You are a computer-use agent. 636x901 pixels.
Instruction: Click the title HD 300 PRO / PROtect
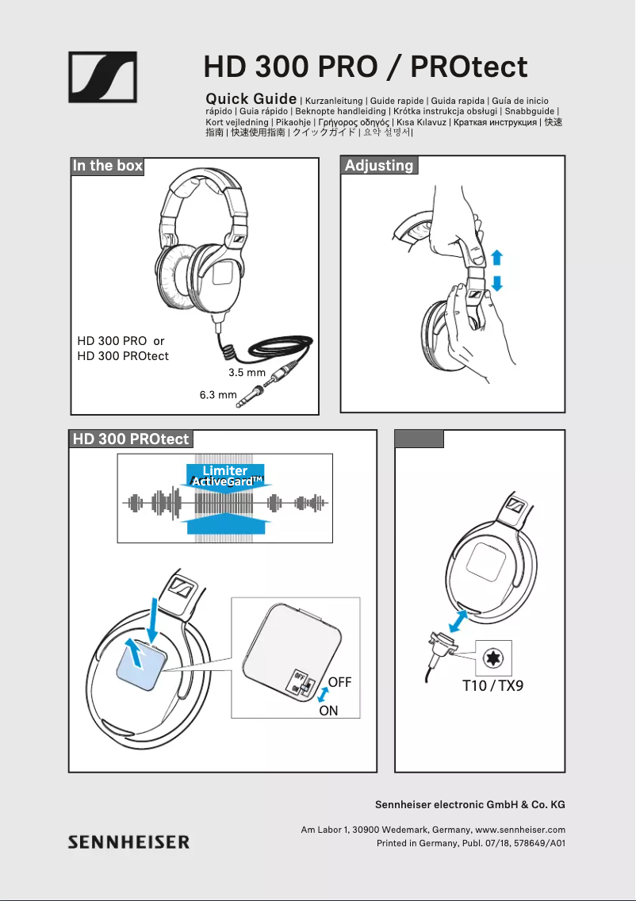pyautogui.click(x=366, y=67)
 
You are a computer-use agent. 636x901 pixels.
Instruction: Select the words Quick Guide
pyautogui.click(x=251, y=99)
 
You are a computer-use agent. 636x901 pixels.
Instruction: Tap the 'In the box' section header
pyautogui.click(x=108, y=166)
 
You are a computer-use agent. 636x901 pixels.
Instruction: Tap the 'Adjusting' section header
pyautogui.click(x=379, y=166)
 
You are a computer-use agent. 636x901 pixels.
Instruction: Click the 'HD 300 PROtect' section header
pyautogui.click(x=131, y=439)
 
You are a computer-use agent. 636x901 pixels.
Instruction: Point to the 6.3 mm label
pyautogui.click(x=218, y=394)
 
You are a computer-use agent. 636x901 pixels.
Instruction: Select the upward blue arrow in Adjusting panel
pyautogui.click(x=496, y=258)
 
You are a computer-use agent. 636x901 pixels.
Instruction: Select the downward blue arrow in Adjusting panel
pyautogui.click(x=496, y=283)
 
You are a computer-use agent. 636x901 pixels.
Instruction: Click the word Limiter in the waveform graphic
pyautogui.click(x=225, y=471)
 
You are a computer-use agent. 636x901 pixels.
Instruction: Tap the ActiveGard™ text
pyautogui.click(x=227, y=482)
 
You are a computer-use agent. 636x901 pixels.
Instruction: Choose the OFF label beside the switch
pyautogui.click(x=339, y=682)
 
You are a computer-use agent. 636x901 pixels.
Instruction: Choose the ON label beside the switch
pyautogui.click(x=328, y=711)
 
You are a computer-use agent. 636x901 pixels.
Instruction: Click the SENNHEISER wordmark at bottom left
pyautogui.click(x=128, y=842)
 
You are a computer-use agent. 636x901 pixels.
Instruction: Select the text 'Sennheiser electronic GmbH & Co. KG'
pyautogui.click(x=469, y=804)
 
